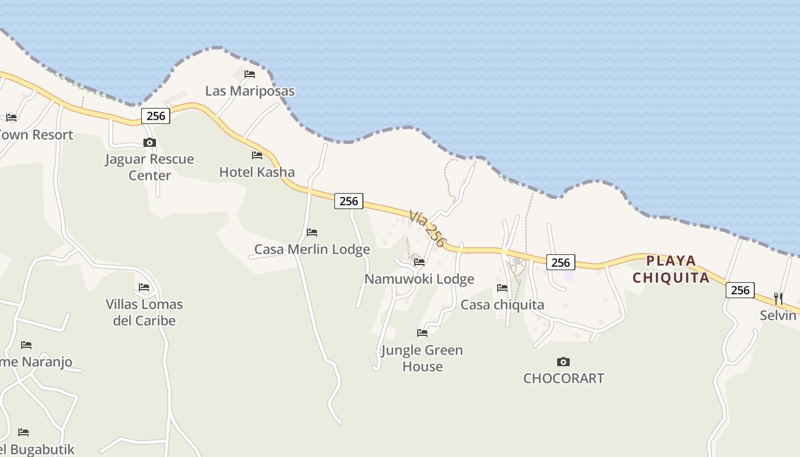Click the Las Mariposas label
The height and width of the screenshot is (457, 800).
[250, 91]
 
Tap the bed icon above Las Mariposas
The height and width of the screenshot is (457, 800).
[250, 74]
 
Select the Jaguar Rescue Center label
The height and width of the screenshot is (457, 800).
[150, 167]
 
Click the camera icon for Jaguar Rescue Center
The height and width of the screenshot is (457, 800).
[150, 142]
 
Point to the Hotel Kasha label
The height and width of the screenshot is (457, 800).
[257, 172]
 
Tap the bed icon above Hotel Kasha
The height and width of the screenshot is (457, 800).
[257, 155]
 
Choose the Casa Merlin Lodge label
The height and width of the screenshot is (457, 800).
[312, 249]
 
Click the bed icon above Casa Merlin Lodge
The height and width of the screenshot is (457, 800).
[312, 232]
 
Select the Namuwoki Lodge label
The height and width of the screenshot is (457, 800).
[419, 279]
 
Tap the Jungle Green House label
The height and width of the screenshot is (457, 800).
[422, 358]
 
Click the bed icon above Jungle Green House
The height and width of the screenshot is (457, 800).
[422, 332]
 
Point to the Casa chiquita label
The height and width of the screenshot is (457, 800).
[502, 304]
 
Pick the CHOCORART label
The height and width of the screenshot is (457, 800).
[563, 378]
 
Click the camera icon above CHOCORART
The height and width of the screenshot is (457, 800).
[563, 362]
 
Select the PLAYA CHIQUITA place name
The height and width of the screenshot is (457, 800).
[672, 270]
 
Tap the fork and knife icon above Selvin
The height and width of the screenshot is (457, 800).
[778, 298]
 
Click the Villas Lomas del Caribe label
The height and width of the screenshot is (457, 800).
[144, 312]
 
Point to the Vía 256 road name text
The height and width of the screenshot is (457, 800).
[426, 228]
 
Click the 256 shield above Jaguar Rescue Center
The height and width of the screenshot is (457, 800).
[155, 116]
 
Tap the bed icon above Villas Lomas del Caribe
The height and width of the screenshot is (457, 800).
[144, 287]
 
